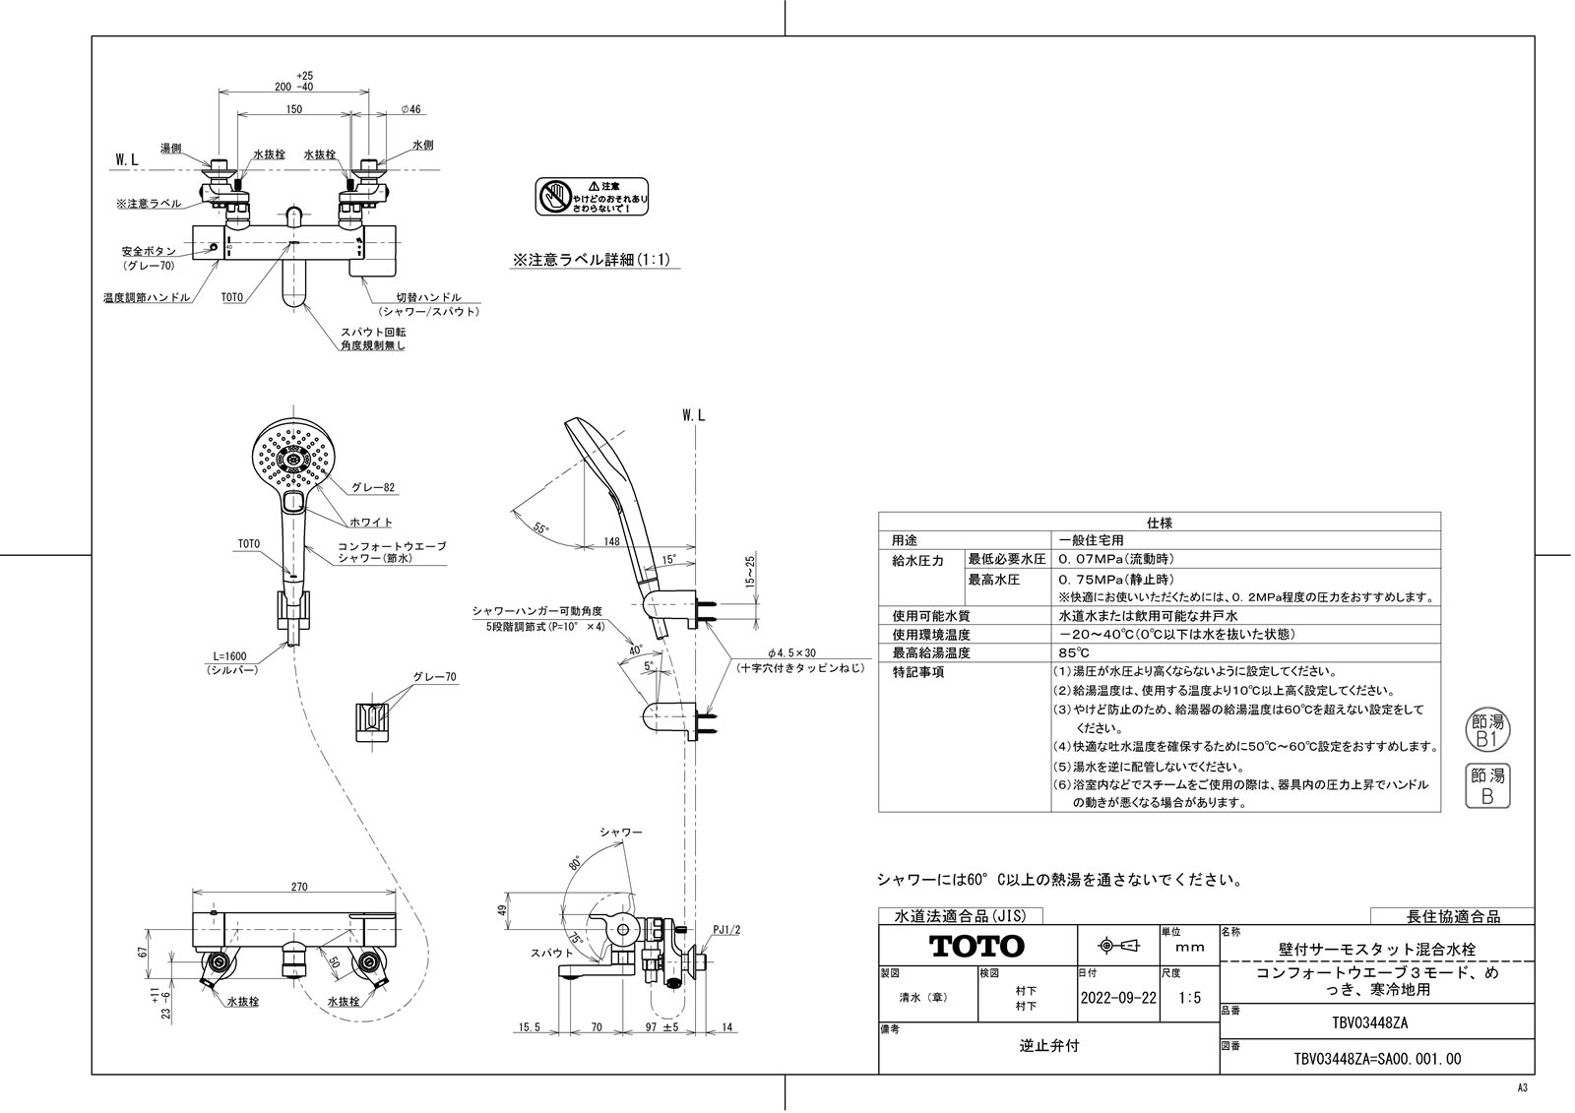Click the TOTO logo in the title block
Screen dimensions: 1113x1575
(977, 947)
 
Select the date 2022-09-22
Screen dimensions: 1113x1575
(1118, 997)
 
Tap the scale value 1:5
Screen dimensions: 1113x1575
(1189, 997)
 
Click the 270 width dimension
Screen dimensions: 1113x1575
(299, 887)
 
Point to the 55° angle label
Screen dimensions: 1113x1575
(540, 527)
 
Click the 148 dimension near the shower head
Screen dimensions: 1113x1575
(610, 540)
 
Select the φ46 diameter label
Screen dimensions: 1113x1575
(410, 109)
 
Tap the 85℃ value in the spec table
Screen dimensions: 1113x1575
(1074, 652)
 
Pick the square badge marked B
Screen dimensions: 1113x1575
(1486, 787)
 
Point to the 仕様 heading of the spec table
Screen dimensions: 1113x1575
(1159, 523)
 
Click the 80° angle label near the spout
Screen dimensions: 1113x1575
(574, 866)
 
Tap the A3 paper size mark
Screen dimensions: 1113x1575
(1522, 1087)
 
